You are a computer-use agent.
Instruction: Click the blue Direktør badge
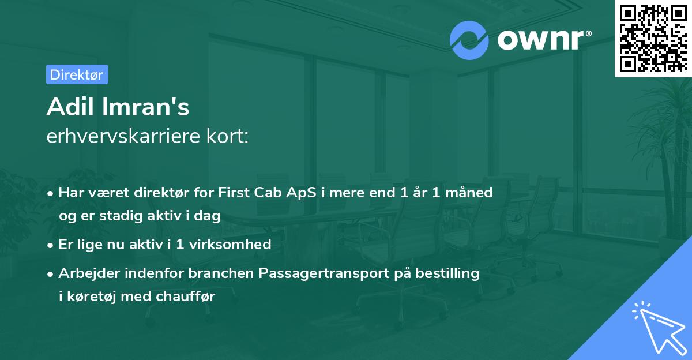[x=77, y=74]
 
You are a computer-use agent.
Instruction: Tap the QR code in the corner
[x=652, y=38]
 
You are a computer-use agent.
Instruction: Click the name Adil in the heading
[x=69, y=107]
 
